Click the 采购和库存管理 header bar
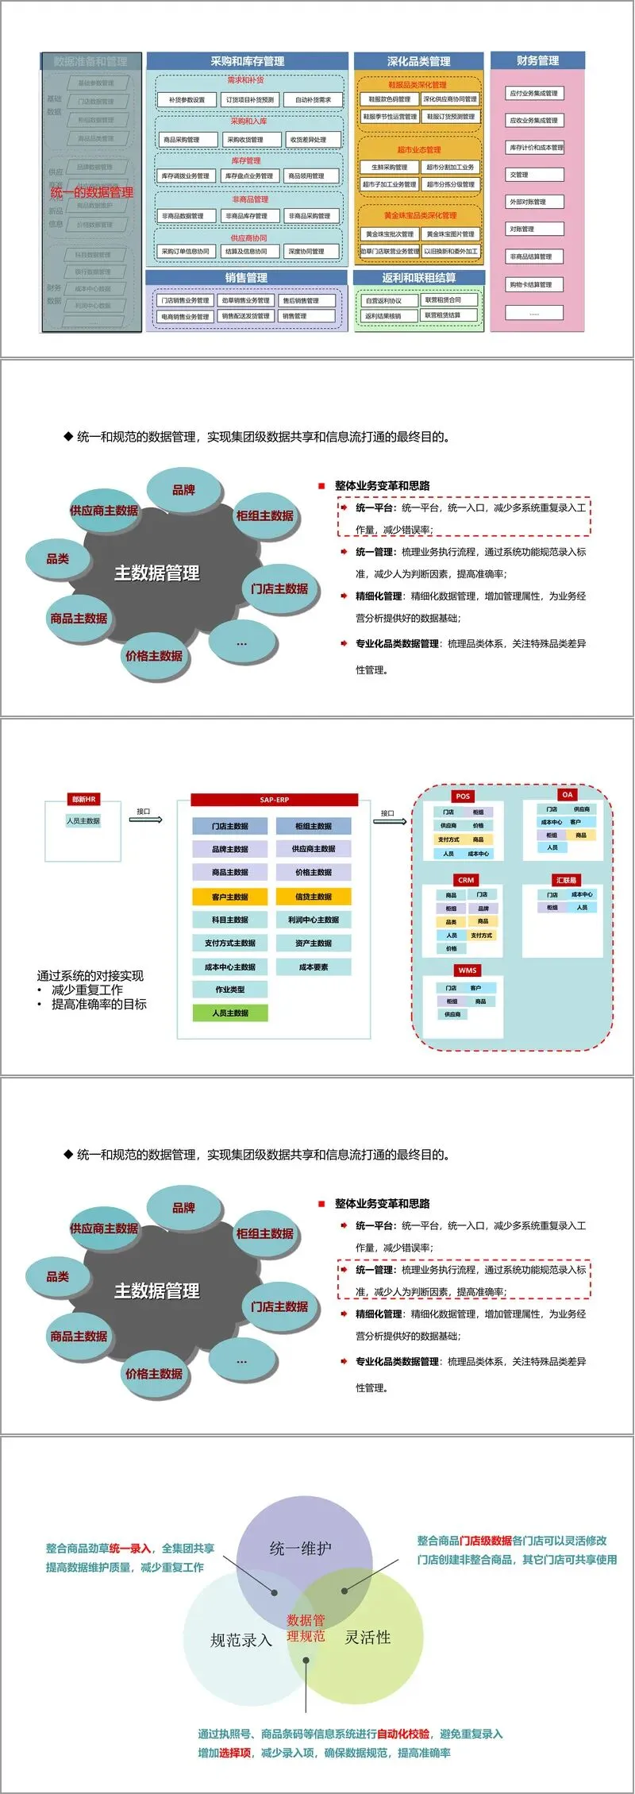pyautogui.click(x=247, y=61)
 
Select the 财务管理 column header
pyautogui.click(x=537, y=60)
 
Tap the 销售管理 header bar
pyautogui.click(x=246, y=278)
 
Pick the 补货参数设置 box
pyautogui.click(x=187, y=100)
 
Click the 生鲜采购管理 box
pyautogui.click(x=389, y=168)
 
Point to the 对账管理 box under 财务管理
pyautogui.click(x=534, y=230)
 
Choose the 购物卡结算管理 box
pyautogui.click(x=534, y=284)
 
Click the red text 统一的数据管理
pyautogui.click(x=92, y=192)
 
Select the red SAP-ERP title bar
pyautogui.click(x=275, y=800)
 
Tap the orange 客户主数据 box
pyautogui.click(x=230, y=897)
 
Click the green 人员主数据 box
pyautogui.click(x=230, y=1013)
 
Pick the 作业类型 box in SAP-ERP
pyautogui.click(x=230, y=990)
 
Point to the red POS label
pyautogui.click(x=463, y=796)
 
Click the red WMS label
pyautogui.click(x=468, y=970)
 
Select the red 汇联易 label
pyautogui.click(x=566, y=880)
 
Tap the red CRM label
pyautogui.click(x=466, y=880)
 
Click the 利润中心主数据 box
pyautogui.click(x=314, y=920)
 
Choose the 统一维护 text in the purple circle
pyautogui.click(x=301, y=1548)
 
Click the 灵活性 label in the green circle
pyautogui.click(x=368, y=1637)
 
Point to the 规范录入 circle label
pyautogui.click(x=241, y=1640)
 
